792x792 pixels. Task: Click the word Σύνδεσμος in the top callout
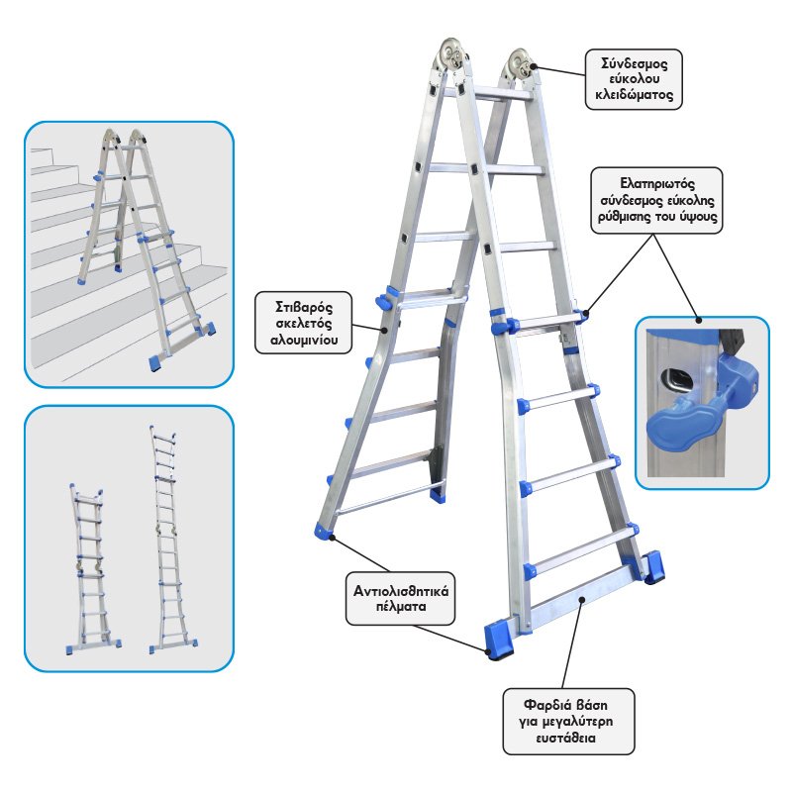(x=634, y=63)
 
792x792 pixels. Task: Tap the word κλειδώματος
(x=634, y=94)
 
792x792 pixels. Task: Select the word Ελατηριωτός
(x=657, y=183)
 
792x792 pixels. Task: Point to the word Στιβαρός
(x=304, y=307)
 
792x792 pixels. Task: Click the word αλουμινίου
(x=304, y=340)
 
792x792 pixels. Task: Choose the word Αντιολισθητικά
(x=401, y=590)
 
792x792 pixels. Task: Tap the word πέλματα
(x=401, y=606)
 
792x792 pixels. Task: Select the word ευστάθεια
(x=565, y=738)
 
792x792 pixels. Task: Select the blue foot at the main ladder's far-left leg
(x=324, y=531)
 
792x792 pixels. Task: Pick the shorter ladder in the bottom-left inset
(x=92, y=570)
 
